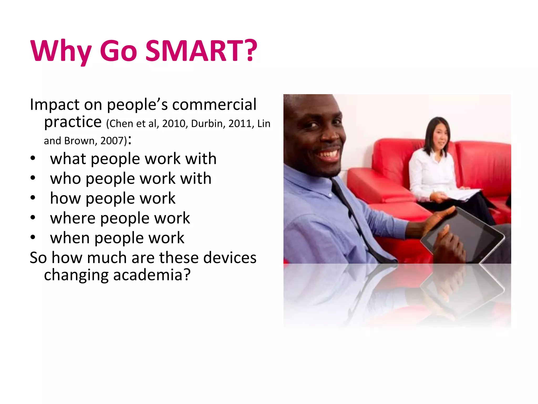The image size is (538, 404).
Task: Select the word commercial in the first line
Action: point(214,104)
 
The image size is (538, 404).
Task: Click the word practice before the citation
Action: point(73,122)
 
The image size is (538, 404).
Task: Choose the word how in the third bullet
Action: point(65,198)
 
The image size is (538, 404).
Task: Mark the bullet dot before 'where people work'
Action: point(33,218)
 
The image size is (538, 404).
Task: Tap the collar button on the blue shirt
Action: point(330,195)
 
